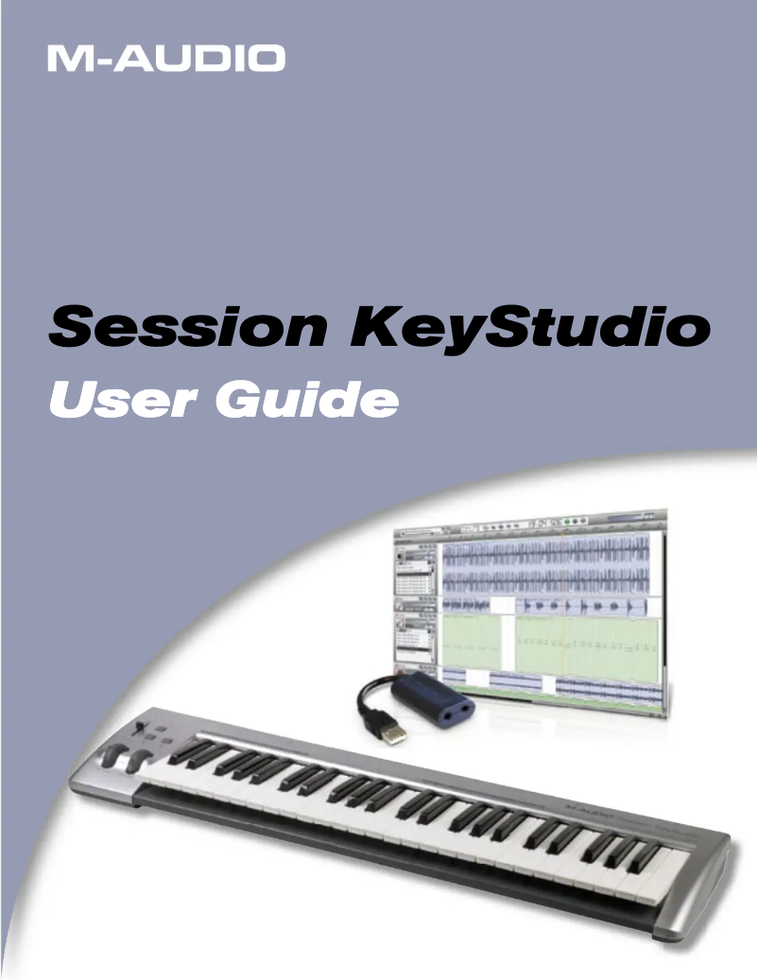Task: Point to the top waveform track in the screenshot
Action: pyautogui.click(x=545, y=553)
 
